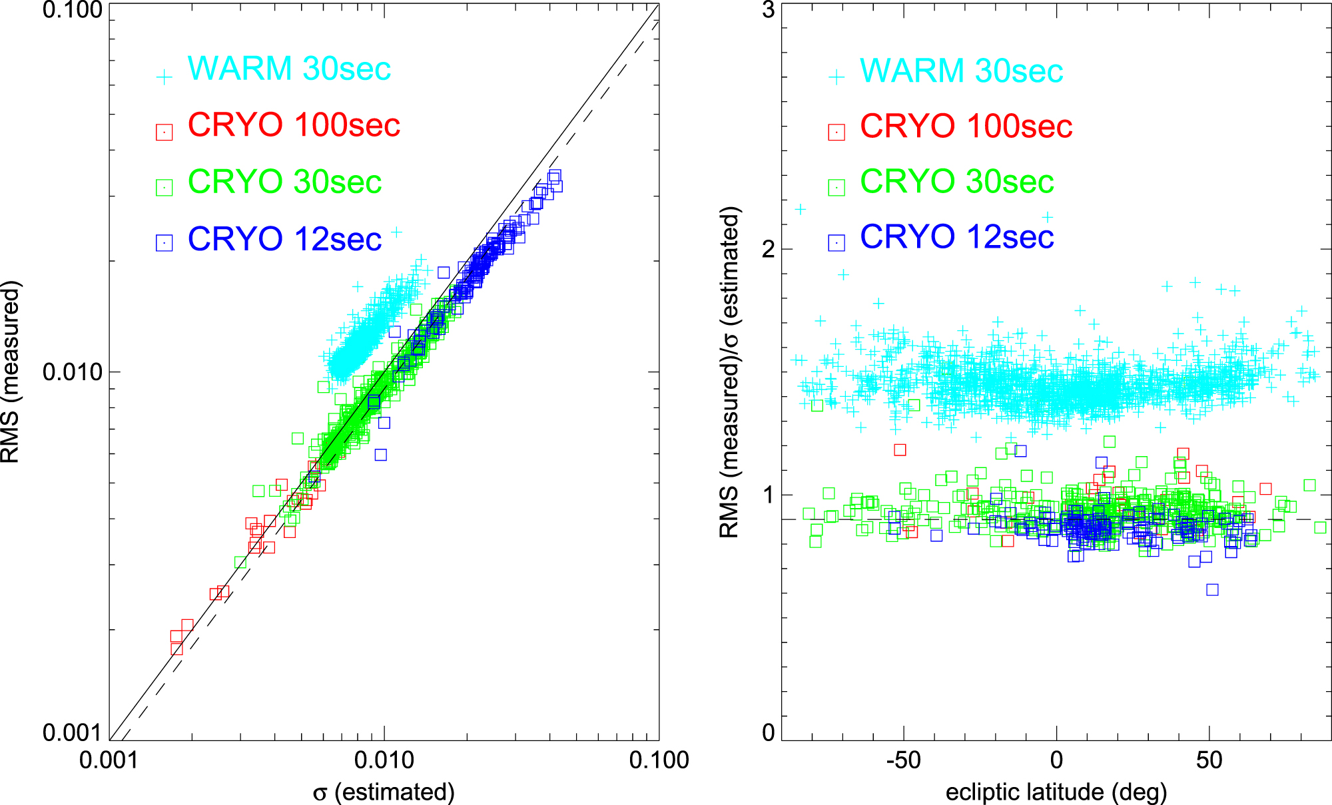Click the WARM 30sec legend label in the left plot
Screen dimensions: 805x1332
[x=289, y=69]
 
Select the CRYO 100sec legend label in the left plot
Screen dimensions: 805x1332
[x=294, y=125]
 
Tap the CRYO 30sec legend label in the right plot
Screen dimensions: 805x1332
[x=957, y=181]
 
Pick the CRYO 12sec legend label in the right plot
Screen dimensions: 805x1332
[x=957, y=237]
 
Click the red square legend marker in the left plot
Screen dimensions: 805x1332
[x=164, y=132]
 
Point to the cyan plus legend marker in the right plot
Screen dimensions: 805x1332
[x=836, y=77]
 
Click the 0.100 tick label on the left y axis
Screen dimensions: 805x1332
[x=72, y=11]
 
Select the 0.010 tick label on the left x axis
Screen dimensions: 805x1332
[x=384, y=760]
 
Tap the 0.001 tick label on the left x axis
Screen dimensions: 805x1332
[x=109, y=760]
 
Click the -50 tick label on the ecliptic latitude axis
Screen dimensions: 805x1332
[x=903, y=760]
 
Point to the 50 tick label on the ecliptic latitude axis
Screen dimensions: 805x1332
[x=1209, y=760]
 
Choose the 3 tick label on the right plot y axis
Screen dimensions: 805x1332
[x=768, y=11]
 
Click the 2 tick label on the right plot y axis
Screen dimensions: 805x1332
[x=768, y=250]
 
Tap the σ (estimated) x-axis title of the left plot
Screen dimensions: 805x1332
[x=384, y=792]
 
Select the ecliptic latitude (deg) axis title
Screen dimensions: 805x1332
[x=1056, y=792]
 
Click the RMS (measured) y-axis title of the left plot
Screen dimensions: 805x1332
[x=12, y=372]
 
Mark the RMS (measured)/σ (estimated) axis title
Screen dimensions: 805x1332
[x=730, y=372]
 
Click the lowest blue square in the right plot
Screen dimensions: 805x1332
[x=1212, y=589]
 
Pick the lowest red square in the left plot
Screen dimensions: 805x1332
[x=176, y=649]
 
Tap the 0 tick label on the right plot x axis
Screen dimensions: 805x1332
[x=1056, y=760]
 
